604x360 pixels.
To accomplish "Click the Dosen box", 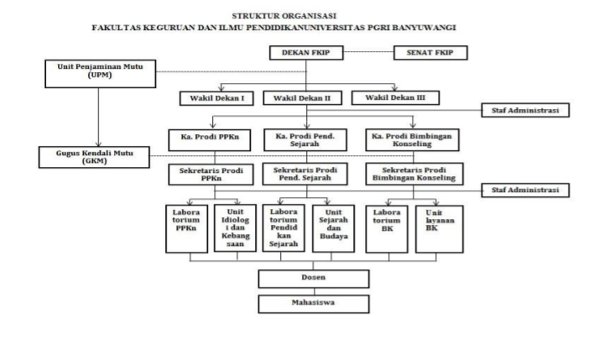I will [x=302, y=278].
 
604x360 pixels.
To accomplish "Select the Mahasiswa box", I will [x=302, y=301].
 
